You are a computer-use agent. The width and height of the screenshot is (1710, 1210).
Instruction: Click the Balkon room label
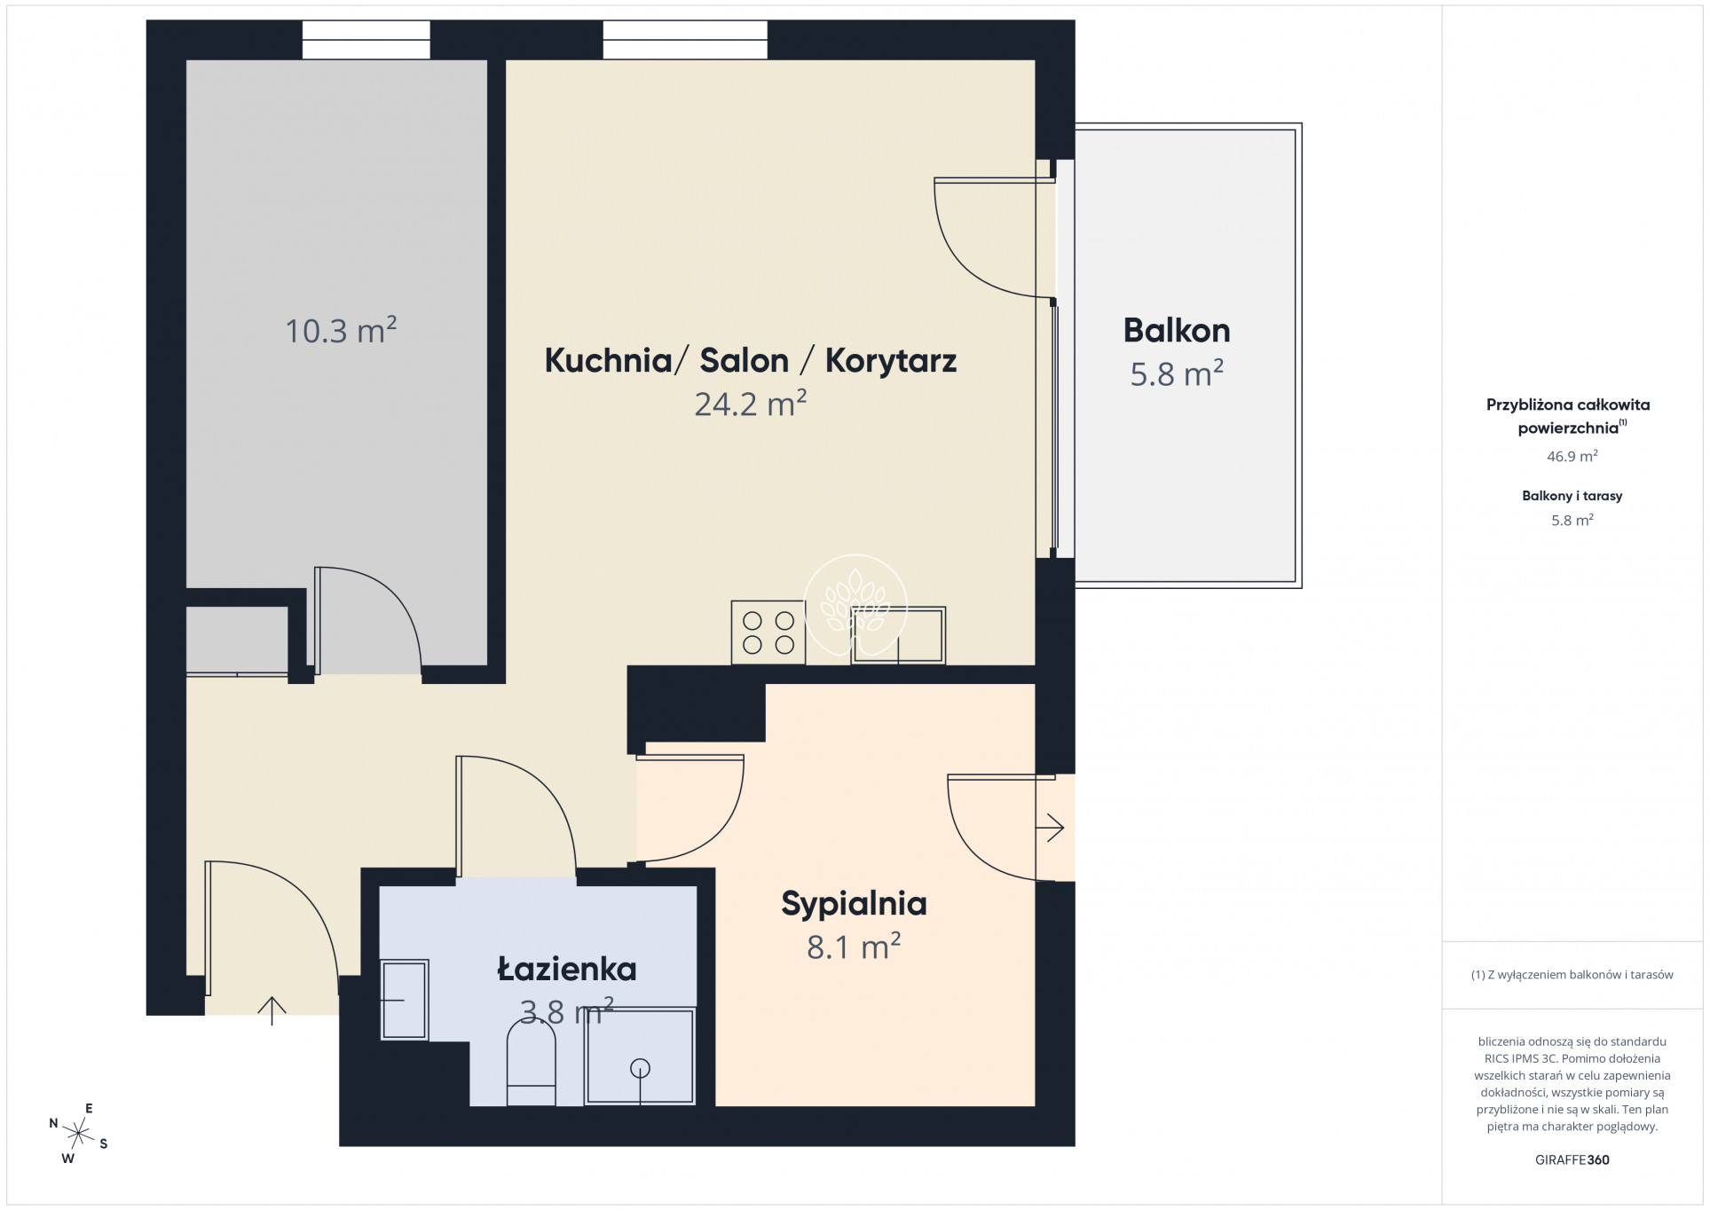click(x=1177, y=330)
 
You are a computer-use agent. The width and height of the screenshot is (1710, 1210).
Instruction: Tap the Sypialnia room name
click(x=854, y=904)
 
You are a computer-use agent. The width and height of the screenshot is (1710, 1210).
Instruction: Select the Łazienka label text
click(x=567, y=969)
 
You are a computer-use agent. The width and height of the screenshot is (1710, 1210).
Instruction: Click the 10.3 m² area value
click(x=341, y=330)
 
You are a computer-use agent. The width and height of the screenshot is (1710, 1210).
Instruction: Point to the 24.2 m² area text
click(x=750, y=404)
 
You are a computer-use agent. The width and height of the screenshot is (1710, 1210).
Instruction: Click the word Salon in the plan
click(x=744, y=360)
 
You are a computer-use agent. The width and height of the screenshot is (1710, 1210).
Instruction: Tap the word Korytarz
click(x=891, y=361)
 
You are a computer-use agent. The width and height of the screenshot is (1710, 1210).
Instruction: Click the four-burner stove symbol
click(x=768, y=632)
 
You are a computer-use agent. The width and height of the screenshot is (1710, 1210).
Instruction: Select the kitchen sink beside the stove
click(x=898, y=635)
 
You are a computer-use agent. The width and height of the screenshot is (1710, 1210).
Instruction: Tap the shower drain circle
click(x=640, y=1069)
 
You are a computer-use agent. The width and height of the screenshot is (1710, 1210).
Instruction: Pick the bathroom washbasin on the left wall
click(x=405, y=1000)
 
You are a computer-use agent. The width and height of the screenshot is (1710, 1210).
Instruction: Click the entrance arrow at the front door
click(x=272, y=1010)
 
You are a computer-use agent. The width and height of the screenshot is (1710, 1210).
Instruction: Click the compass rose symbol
click(x=79, y=1134)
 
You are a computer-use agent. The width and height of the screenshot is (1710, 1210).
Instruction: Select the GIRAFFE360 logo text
click(x=1572, y=1159)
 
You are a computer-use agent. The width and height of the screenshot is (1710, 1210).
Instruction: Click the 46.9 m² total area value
click(x=1572, y=456)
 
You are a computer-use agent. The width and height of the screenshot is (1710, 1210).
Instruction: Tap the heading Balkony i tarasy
click(x=1572, y=496)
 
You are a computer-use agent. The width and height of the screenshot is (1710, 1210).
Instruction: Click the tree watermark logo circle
click(x=855, y=606)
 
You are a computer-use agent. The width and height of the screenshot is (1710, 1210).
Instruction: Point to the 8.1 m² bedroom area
click(x=854, y=947)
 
